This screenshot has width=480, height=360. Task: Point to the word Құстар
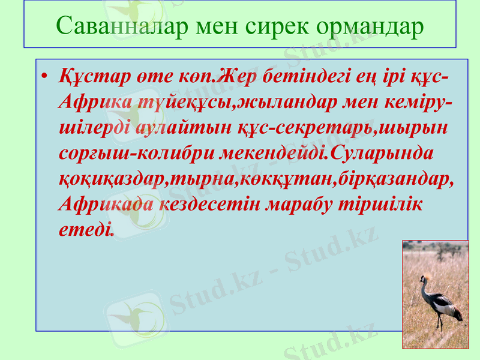92,78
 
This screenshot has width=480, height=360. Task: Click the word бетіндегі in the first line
291,78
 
